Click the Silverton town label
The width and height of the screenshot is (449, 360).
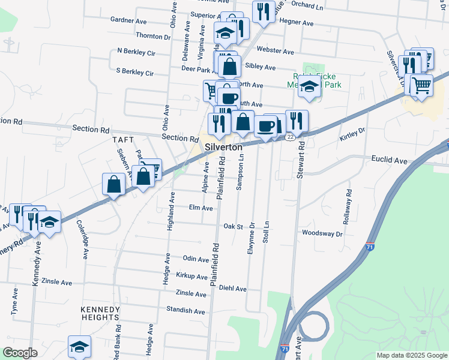223,147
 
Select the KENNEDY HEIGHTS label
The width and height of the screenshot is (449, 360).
100,313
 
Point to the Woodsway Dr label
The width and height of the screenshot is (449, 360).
322,233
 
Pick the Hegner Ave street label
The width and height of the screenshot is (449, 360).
297,23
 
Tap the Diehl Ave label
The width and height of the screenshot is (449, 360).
232,289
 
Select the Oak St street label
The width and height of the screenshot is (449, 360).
232,227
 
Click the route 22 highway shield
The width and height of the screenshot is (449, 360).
290,137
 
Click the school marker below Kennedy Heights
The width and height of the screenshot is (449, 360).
79,346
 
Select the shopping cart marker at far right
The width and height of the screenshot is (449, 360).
422,84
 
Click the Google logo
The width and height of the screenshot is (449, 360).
20,353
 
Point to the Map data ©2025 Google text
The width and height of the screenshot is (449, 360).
411,355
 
